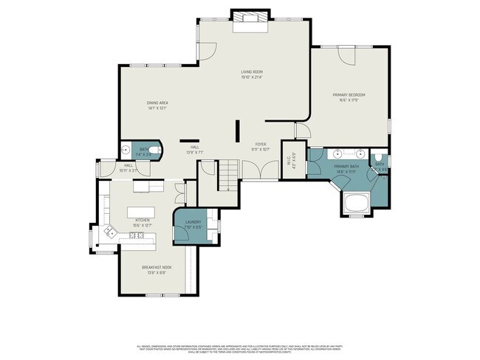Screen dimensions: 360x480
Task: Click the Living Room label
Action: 252,72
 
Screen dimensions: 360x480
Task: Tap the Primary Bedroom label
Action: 349,95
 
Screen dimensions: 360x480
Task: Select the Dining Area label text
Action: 157,104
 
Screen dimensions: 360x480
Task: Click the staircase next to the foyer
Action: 228,177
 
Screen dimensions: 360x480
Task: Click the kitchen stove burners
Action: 137,236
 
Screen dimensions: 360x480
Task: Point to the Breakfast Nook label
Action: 157,268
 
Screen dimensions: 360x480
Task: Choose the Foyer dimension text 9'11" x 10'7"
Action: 261,149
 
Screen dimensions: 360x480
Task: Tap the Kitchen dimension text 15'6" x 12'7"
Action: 143,225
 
